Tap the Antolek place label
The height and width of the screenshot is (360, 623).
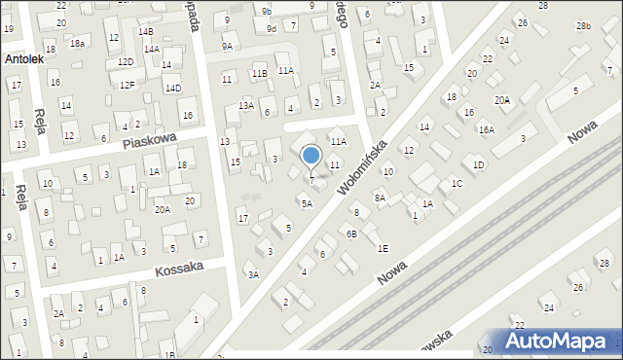23,59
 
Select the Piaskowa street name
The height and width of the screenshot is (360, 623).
149,141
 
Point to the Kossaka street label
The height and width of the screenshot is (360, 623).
178,268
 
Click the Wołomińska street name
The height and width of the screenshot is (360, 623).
364,166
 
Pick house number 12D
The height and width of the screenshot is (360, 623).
126,62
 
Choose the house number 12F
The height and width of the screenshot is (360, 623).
127,86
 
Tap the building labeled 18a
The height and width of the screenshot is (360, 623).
77,44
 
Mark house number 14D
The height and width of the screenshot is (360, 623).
172,89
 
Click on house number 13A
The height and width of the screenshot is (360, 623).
246,105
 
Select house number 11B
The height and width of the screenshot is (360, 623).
259,73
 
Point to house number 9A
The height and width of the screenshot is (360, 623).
228,46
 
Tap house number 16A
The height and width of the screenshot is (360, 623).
486,129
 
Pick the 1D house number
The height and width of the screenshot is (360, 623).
478,164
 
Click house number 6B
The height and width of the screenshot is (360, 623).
351,234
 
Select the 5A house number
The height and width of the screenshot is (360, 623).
307,203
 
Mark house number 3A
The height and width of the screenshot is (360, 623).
253,275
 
